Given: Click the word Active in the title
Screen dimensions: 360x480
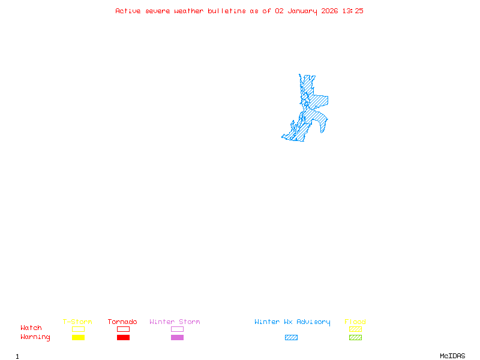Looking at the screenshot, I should [128, 11].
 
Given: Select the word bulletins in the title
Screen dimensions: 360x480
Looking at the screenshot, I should [226, 11].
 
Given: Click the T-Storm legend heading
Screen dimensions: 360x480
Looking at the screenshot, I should [77, 322].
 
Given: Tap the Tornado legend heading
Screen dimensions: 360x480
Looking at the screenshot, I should [122, 322].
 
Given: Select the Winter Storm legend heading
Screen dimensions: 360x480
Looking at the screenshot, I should [175, 322].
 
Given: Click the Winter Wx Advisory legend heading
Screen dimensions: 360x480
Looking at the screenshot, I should [292, 322].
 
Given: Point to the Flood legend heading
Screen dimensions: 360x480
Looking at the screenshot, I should [355, 322].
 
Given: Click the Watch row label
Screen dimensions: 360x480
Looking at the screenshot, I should [31, 328].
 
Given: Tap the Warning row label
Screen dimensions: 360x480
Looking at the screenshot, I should [35, 337].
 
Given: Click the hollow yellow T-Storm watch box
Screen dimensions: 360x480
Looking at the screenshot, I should [78, 329].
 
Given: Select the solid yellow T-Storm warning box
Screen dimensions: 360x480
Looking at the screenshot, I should [78, 338].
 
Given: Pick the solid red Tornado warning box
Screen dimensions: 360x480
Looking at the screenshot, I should [123, 338].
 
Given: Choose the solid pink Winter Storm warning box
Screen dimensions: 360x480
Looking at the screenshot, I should [177, 338].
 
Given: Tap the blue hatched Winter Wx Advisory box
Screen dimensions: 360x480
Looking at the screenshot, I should [291, 338].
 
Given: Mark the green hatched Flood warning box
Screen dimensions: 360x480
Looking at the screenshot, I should [355, 338].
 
